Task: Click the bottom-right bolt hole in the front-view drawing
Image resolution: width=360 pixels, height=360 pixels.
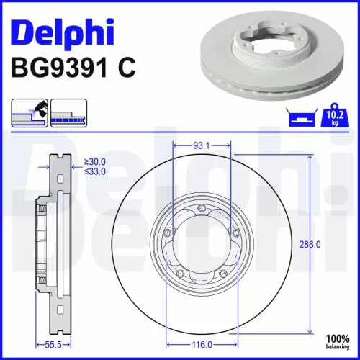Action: pyautogui.click(x=224, y=272)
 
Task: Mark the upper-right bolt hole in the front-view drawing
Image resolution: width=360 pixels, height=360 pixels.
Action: pyautogui.click(x=234, y=233)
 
